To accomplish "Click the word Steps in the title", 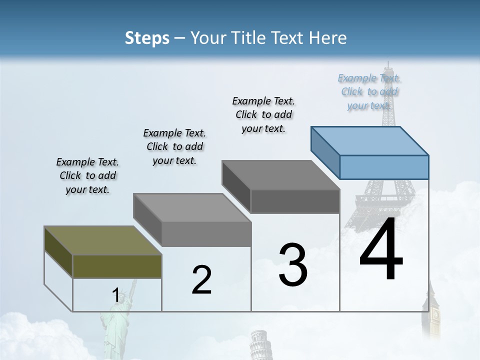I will tap(147, 38).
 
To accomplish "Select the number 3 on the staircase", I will tap(293, 265).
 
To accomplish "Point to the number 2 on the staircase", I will tap(201, 280).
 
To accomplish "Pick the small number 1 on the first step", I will tap(116, 295).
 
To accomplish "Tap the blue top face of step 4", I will tap(370, 141).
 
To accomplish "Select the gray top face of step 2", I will tap(192, 207).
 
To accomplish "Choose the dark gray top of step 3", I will tap(281, 175).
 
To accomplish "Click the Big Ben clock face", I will tap(435, 315).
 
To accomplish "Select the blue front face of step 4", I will tap(384, 167).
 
